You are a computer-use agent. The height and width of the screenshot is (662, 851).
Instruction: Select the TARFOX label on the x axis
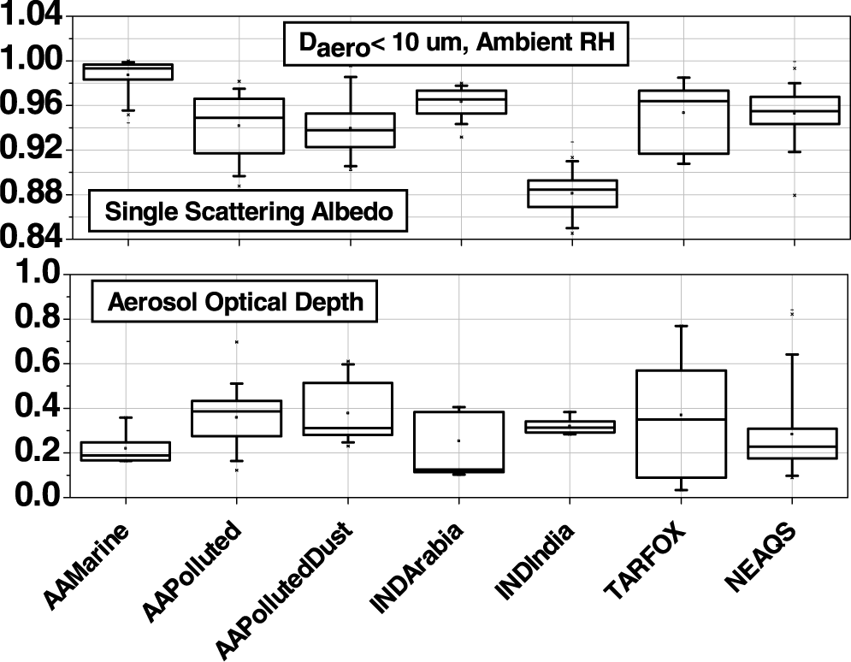tap(645, 561)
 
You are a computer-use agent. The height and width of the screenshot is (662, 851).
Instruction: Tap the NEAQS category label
tap(759, 558)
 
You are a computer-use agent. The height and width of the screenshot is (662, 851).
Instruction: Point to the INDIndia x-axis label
tap(534, 562)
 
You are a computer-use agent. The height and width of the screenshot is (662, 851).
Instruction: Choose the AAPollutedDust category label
tap(283, 590)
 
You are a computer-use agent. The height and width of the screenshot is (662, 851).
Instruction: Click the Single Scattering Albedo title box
tap(248, 210)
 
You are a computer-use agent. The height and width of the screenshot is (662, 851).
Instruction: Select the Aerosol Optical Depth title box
tap(234, 302)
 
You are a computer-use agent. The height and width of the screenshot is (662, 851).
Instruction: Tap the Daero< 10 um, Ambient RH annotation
tap(456, 44)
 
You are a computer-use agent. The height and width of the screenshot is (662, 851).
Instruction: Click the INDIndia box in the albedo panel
tap(572, 193)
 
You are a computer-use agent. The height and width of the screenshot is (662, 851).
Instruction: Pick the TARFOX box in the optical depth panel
tap(681, 423)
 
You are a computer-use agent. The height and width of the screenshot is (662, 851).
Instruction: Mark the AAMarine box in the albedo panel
tap(128, 72)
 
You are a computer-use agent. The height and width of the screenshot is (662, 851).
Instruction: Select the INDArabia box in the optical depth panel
tap(459, 441)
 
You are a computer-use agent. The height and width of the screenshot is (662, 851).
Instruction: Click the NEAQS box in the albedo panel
tap(795, 110)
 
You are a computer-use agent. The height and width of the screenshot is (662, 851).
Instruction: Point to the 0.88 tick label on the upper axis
tap(32, 194)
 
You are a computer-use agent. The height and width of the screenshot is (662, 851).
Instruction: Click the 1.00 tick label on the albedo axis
tap(32, 60)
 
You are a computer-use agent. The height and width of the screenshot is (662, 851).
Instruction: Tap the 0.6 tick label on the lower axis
tap(38, 364)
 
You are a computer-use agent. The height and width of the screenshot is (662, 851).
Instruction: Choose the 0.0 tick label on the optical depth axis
tap(38, 497)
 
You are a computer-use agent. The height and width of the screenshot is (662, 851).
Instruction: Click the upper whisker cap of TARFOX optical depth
tap(681, 326)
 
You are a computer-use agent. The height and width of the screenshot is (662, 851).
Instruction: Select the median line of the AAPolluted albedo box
tap(239, 117)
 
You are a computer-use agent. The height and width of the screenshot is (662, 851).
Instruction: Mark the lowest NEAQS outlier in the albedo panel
tap(795, 195)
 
